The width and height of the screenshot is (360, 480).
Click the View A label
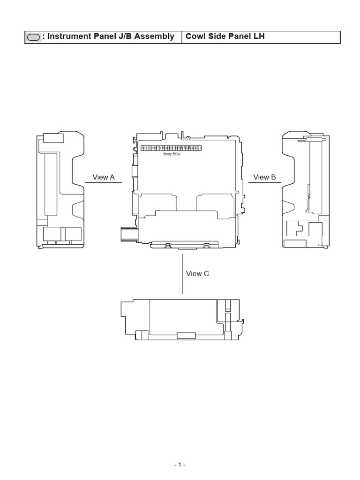click(104, 177)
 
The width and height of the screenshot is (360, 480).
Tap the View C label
click(197, 274)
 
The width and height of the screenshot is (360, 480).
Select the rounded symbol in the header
click(33, 37)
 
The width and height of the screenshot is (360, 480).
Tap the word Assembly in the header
click(156, 37)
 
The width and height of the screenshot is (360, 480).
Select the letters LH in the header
click(259, 37)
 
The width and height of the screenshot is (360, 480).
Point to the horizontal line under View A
click(104, 182)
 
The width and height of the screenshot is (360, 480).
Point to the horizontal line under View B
click(264, 182)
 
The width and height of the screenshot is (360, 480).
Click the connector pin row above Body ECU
click(171, 148)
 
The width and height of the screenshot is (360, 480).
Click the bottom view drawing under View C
click(182, 319)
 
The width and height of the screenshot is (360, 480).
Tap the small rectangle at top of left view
click(54, 138)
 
